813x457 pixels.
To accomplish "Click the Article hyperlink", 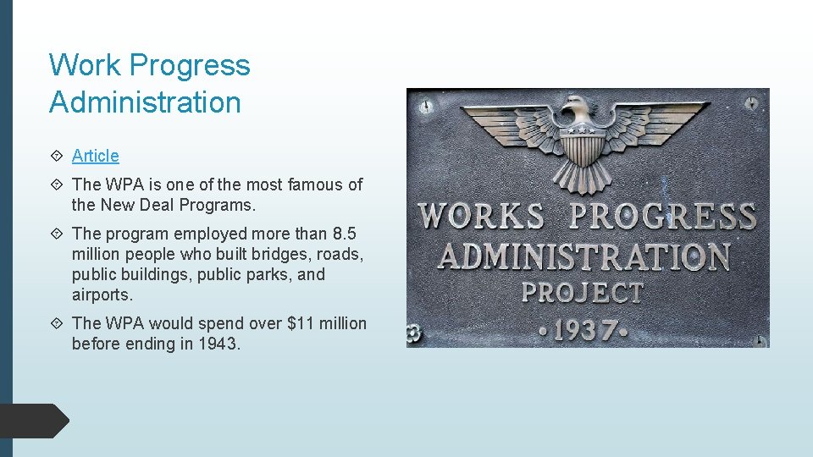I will [96, 156].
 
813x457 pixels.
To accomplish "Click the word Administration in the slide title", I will [145, 102].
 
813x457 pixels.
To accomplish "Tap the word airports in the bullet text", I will [102, 295].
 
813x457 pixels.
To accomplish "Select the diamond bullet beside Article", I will [56, 156].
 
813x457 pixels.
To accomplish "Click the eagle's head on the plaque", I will [579, 109].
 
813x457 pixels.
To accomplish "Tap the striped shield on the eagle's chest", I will [581, 147].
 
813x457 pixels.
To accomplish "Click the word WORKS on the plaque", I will [482, 216].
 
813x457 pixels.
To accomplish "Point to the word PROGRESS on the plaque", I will [663, 216].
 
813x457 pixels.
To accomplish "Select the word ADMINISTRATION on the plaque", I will [583, 256].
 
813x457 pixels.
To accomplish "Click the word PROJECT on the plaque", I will [583, 293].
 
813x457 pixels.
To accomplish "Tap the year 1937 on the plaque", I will [583, 329].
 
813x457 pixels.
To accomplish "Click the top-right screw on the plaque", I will [750, 103].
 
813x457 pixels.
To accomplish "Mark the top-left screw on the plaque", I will [426, 107].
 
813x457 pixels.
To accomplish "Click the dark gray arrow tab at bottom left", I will [34, 421].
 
